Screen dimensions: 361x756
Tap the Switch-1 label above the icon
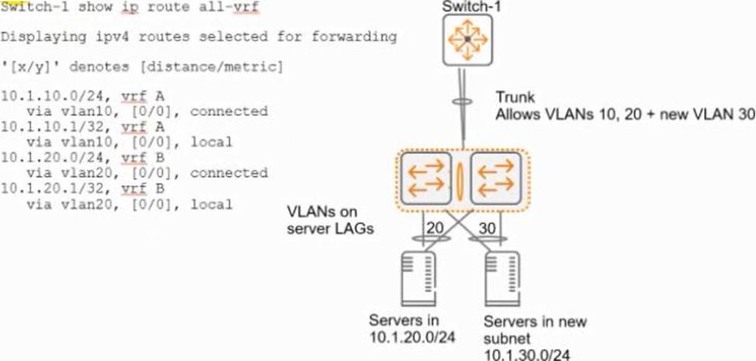coord(467,8)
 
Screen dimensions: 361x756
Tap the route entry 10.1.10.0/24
coord(43,96)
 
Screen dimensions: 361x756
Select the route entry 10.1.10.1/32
coord(43,127)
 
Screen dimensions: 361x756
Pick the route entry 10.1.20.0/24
coord(43,158)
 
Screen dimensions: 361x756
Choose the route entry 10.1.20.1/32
coord(43,189)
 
